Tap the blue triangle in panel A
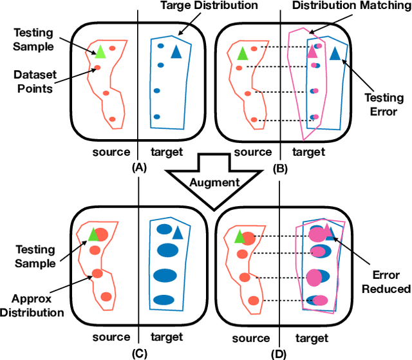[176, 53]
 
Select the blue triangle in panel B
[334, 53]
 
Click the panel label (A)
[138, 167]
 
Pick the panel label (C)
[138, 354]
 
